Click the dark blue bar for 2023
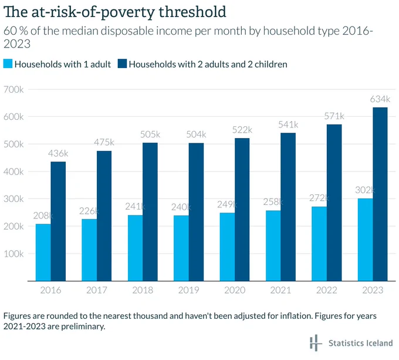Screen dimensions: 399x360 click(380, 194)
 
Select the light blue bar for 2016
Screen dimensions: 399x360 click(43, 253)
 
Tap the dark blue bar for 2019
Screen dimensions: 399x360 click(196, 212)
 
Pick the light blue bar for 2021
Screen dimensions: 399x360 click(273, 245)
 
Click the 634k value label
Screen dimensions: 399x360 click(380, 99)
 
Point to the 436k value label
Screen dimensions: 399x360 click(58, 153)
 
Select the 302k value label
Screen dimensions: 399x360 click(365, 190)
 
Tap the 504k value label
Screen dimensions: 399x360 click(196, 134)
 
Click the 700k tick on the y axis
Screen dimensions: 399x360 click(13, 90)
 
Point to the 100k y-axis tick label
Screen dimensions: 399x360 click(13, 254)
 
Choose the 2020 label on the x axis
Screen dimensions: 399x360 click(235, 290)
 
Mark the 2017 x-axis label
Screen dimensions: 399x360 click(96, 290)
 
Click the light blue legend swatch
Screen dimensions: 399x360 click(8, 63)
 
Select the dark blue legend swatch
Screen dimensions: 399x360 click(122, 63)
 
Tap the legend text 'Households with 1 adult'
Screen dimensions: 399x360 click(63, 64)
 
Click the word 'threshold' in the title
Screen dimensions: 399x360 click(192, 12)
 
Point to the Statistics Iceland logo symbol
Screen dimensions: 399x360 click(316, 343)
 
